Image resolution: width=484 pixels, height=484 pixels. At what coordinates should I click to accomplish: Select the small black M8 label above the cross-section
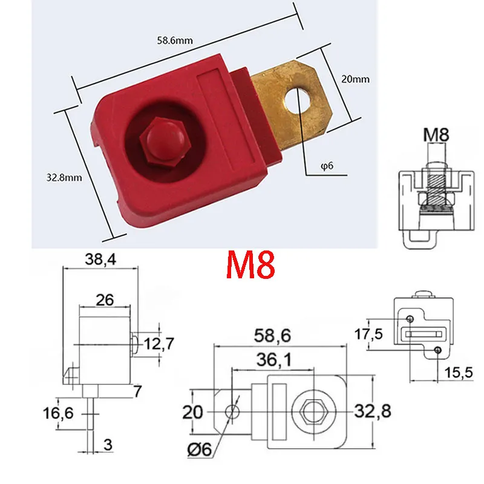tap(436, 134)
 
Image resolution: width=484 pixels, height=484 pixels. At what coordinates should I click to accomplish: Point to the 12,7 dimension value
tap(158, 344)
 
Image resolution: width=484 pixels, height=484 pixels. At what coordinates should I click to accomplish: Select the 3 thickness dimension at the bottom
tap(107, 446)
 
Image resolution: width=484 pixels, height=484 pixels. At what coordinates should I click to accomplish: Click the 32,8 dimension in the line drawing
tap(374, 411)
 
